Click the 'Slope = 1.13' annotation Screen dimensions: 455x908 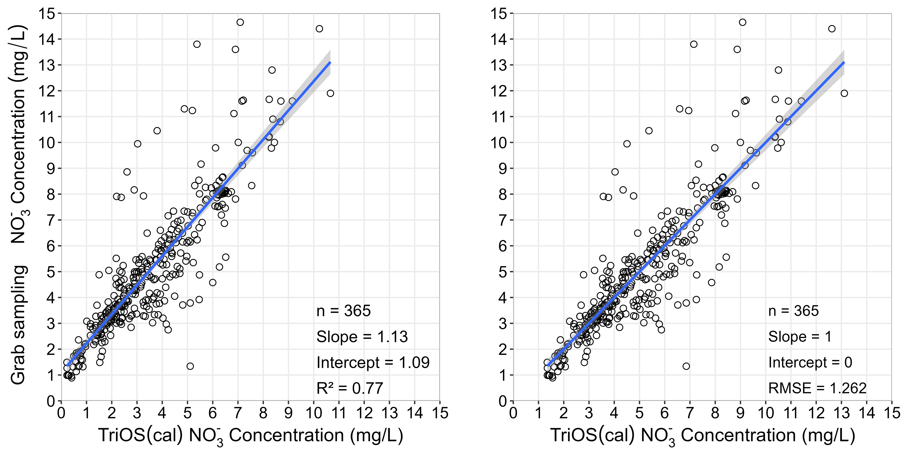point(362,337)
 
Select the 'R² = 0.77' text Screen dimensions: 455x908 point(350,388)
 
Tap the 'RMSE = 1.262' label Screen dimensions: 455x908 point(817,388)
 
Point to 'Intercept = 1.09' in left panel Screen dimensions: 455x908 point(373,363)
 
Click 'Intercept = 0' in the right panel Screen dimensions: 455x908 point(810,363)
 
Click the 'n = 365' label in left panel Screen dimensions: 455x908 point(344,311)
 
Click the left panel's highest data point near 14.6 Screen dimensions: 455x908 point(240,22)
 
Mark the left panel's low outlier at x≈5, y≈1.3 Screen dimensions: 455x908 point(190,366)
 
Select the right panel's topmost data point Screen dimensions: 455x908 point(742,22)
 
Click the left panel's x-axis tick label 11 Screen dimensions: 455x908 point(339,413)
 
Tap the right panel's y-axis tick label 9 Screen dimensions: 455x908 point(503,168)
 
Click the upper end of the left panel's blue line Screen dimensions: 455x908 point(330,62)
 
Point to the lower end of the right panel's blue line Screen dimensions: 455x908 point(548,365)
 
